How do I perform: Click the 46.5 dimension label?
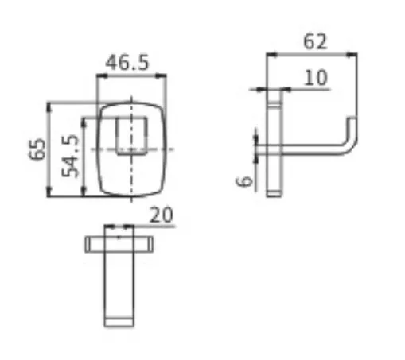click(x=127, y=63)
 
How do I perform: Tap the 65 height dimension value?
click(x=37, y=149)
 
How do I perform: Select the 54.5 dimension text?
click(x=70, y=156)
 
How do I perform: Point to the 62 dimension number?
click(x=315, y=41)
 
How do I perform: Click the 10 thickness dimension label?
click(x=315, y=78)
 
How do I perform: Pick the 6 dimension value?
click(x=244, y=181)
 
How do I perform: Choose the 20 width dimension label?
click(x=162, y=215)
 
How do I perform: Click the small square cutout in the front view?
click(x=131, y=136)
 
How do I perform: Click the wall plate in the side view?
click(x=275, y=143)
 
